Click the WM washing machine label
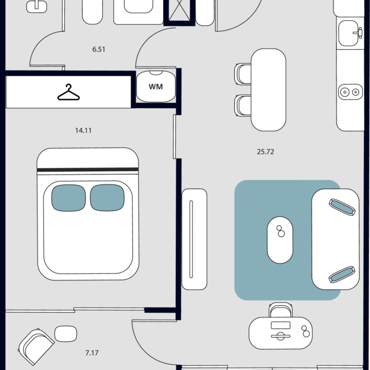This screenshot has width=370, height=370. [x=156, y=87]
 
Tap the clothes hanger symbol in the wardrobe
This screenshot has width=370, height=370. [x=68, y=92]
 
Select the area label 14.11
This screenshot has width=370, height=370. [x=83, y=131]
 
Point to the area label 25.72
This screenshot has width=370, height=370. [x=265, y=151]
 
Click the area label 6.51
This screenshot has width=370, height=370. [x=99, y=49]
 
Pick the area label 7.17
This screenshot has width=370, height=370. [x=92, y=353]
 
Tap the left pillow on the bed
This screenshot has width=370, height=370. [x=69, y=198]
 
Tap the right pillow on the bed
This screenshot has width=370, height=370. [x=107, y=198]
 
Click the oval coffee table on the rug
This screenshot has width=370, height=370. [x=280, y=240]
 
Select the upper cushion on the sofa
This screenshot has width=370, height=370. [x=342, y=207]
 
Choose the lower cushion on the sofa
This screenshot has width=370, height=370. [x=342, y=275]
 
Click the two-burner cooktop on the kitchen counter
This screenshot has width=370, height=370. [x=350, y=92]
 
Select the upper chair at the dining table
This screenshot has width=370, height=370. [x=243, y=74]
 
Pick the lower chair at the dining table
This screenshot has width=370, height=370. [x=243, y=105]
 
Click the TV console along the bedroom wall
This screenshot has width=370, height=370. [x=194, y=239]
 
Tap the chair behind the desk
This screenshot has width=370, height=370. [x=280, y=310]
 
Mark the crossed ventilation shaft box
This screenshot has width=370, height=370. [x=180, y=11]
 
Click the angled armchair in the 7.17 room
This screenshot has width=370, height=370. [x=36, y=346]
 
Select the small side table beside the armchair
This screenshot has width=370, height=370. [x=65, y=334]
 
